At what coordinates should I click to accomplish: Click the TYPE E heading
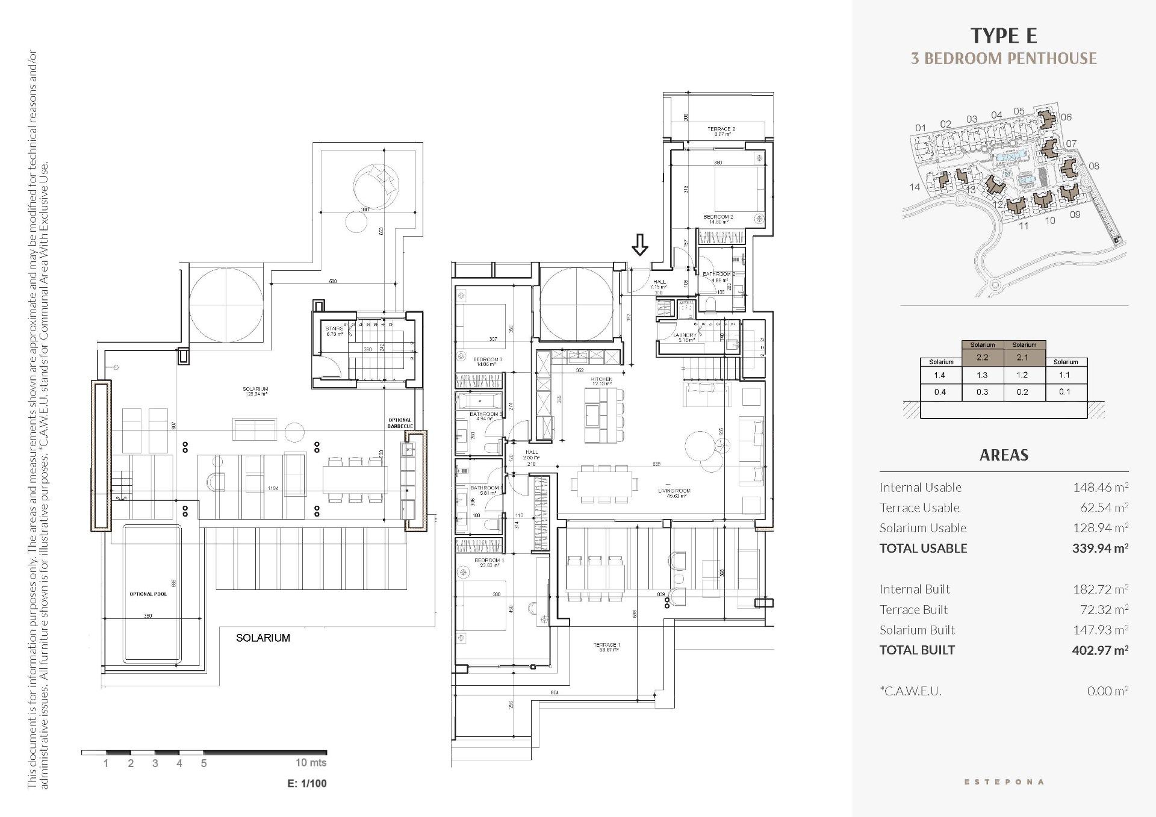pyautogui.click(x=1004, y=36)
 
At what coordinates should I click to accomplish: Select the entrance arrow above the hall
pyautogui.click(x=639, y=244)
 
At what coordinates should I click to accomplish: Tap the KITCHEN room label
pyautogui.click(x=601, y=380)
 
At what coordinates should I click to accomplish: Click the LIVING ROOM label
pyautogui.click(x=674, y=491)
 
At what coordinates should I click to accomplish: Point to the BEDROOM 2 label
pyautogui.click(x=718, y=217)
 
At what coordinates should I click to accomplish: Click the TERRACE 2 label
pyautogui.click(x=721, y=129)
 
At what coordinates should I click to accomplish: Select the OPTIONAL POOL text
pyautogui.click(x=148, y=594)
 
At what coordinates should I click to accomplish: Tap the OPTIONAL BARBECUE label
pyautogui.click(x=400, y=423)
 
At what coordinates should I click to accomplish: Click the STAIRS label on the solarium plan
pyautogui.click(x=334, y=329)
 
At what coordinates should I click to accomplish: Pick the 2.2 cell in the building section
pyautogui.click(x=982, y=357)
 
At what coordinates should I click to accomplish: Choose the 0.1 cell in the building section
pyautogui.click(x=1064, y=392)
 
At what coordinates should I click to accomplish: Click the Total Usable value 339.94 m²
pyautogui.click(x=1099, y=548)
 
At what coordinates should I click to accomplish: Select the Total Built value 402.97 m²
pyautogui.click(x=1099, y=650)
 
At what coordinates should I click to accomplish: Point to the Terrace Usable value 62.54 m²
pyautogui.click(x=1104, y=508)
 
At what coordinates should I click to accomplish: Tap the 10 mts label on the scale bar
pyautogui.click(x=311, y=763)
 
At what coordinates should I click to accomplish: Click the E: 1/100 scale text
pyautogui.click(x=307, y=783)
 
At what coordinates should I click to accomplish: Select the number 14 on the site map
pyautogui.click(x=914, y=187)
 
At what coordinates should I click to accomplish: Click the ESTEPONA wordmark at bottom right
pyautogui.click(x=1004, y=782)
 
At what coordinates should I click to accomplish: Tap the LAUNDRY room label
pyautogui.click(x=685, y=335)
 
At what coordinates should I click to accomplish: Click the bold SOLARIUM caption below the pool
pyautogui.click(x=263, y=638)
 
